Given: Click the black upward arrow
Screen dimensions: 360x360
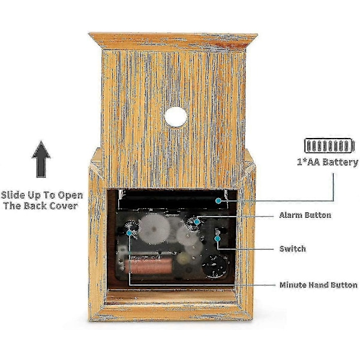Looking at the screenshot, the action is coord(41,159).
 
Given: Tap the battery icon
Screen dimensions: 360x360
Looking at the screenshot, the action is coord(329,146).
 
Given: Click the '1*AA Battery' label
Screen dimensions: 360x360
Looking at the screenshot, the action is coord(328,163).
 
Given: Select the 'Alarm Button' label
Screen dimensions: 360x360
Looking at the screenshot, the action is coord(305,215).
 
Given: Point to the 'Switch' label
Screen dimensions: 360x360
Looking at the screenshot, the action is coord(293,248).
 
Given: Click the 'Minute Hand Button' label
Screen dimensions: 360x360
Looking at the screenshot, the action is coord(319,285).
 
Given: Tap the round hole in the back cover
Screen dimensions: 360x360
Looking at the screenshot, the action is coord(176,117).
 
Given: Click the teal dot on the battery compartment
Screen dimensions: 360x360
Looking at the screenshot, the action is coord(218,201).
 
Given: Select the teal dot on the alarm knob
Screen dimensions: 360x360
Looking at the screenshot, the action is coord(197,222).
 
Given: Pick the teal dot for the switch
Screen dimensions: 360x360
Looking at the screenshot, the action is coord(217,239).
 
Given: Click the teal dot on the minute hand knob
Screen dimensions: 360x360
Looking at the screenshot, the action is coord(129,233).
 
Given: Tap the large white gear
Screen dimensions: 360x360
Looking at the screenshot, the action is coord(155,229).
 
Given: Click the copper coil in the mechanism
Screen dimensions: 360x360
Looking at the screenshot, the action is coord(148,266).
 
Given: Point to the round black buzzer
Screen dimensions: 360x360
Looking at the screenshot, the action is coord(214,266).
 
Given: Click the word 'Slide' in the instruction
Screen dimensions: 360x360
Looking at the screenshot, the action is coord(13,195).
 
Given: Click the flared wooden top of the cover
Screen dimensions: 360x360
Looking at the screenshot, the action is coord(173,41).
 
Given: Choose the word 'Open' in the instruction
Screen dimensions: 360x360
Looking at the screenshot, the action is coord(70,196).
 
